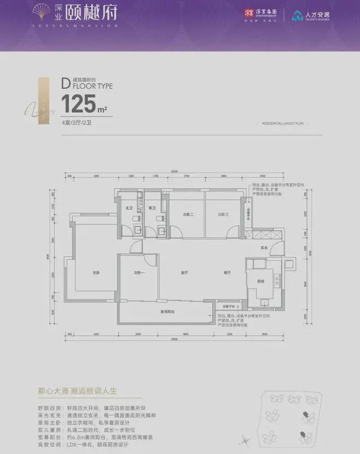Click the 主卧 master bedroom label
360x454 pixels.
tap(97, 272)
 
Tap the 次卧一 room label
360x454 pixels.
tap(139, 272)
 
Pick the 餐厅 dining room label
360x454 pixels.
tap(227, 272)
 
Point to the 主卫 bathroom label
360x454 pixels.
tap(129, 208)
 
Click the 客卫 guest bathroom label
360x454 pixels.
tap(152, 208)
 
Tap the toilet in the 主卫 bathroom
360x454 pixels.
tap(134, 219)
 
